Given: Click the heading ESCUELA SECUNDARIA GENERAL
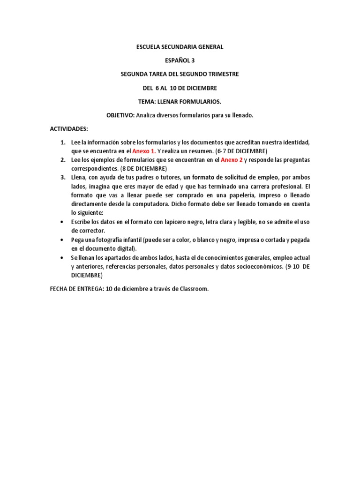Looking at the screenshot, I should tap(180, 47).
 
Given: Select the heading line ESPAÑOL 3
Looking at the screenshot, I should tap(180, 60).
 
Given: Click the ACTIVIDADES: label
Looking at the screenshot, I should tap(69, 128).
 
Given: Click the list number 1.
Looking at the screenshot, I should tap(62, 142).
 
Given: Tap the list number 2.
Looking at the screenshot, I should tap(62, 160).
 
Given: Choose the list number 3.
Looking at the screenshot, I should tap(62, 178).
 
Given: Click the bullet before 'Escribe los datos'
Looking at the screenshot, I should tap(63, 222).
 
